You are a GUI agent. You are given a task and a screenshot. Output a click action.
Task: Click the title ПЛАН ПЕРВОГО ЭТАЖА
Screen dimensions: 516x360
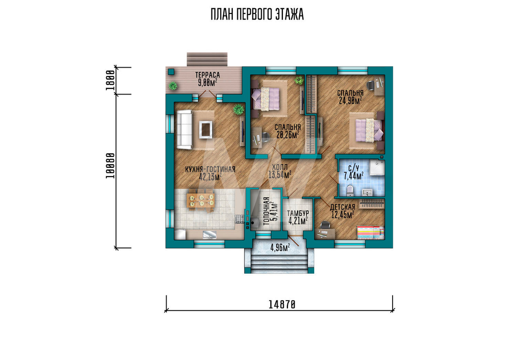pyautogui.click(x=257, y=14)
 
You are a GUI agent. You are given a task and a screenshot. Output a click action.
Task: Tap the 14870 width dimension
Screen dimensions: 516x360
pyautogui.click(x=282, y=305)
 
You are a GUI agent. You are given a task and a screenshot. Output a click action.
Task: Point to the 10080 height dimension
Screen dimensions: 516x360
pyautogui.click(x=110, y=166)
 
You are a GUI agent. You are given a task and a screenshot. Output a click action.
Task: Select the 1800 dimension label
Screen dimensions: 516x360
pyautogui.click(x=110, y=80)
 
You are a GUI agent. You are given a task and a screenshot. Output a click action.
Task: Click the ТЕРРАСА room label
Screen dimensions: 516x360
pyautogui.click(x=207, y=75)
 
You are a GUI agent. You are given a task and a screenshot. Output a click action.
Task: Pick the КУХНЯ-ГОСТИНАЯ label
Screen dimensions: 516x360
pyautogui.click(x=211, y=169)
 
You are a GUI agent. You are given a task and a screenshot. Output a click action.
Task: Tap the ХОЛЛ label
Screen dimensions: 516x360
pyautogui.click(x=280, y=167)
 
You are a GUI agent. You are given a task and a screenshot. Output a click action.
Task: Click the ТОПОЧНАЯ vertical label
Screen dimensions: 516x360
pyautogui.click(x=266, y=211)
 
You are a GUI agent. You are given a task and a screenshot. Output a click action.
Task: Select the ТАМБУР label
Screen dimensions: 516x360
pyautogui.click(x=298, y=213)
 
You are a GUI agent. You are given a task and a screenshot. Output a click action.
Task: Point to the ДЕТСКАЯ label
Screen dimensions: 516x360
pyautogui.click(x=343, y=207)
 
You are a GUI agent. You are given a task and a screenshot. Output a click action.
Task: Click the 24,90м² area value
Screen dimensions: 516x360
pyautogui.click(x=350, y=100)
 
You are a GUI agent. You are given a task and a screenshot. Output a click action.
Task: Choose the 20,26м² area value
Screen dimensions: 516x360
pyautogui.click(x=288, y=134)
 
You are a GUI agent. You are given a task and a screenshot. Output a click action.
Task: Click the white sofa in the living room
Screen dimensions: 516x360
pyautogui.click(x=184, y=130)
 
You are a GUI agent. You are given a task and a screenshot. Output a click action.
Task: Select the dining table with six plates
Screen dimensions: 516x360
pyautogui.click(x=201, y=200)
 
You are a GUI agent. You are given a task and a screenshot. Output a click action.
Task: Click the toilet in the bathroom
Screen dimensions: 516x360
pyautogui.click(x=350, y=191)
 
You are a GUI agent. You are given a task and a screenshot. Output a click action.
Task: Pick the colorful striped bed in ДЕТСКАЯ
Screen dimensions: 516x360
pyautogui.click(x=370, y=232)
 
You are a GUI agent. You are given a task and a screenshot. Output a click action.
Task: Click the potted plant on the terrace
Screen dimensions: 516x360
pyautogui.click(x=173, y=86)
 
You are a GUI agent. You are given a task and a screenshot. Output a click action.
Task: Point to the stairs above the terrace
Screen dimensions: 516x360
pyautogui.click(x=207, y=59)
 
